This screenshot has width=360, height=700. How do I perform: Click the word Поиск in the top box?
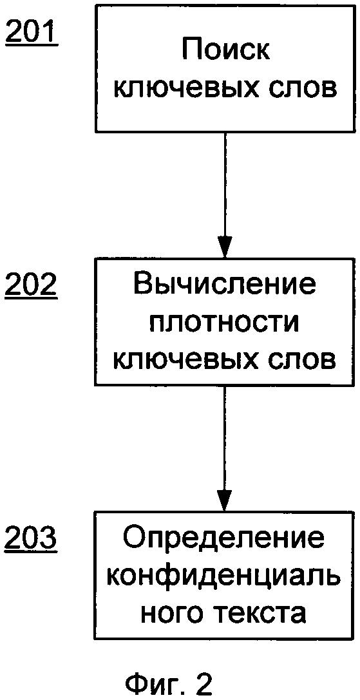click(x=225, y=52)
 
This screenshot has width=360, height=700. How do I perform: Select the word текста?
click(x=259, y=615)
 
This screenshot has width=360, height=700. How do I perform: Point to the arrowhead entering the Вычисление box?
click(x=225, y=248)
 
